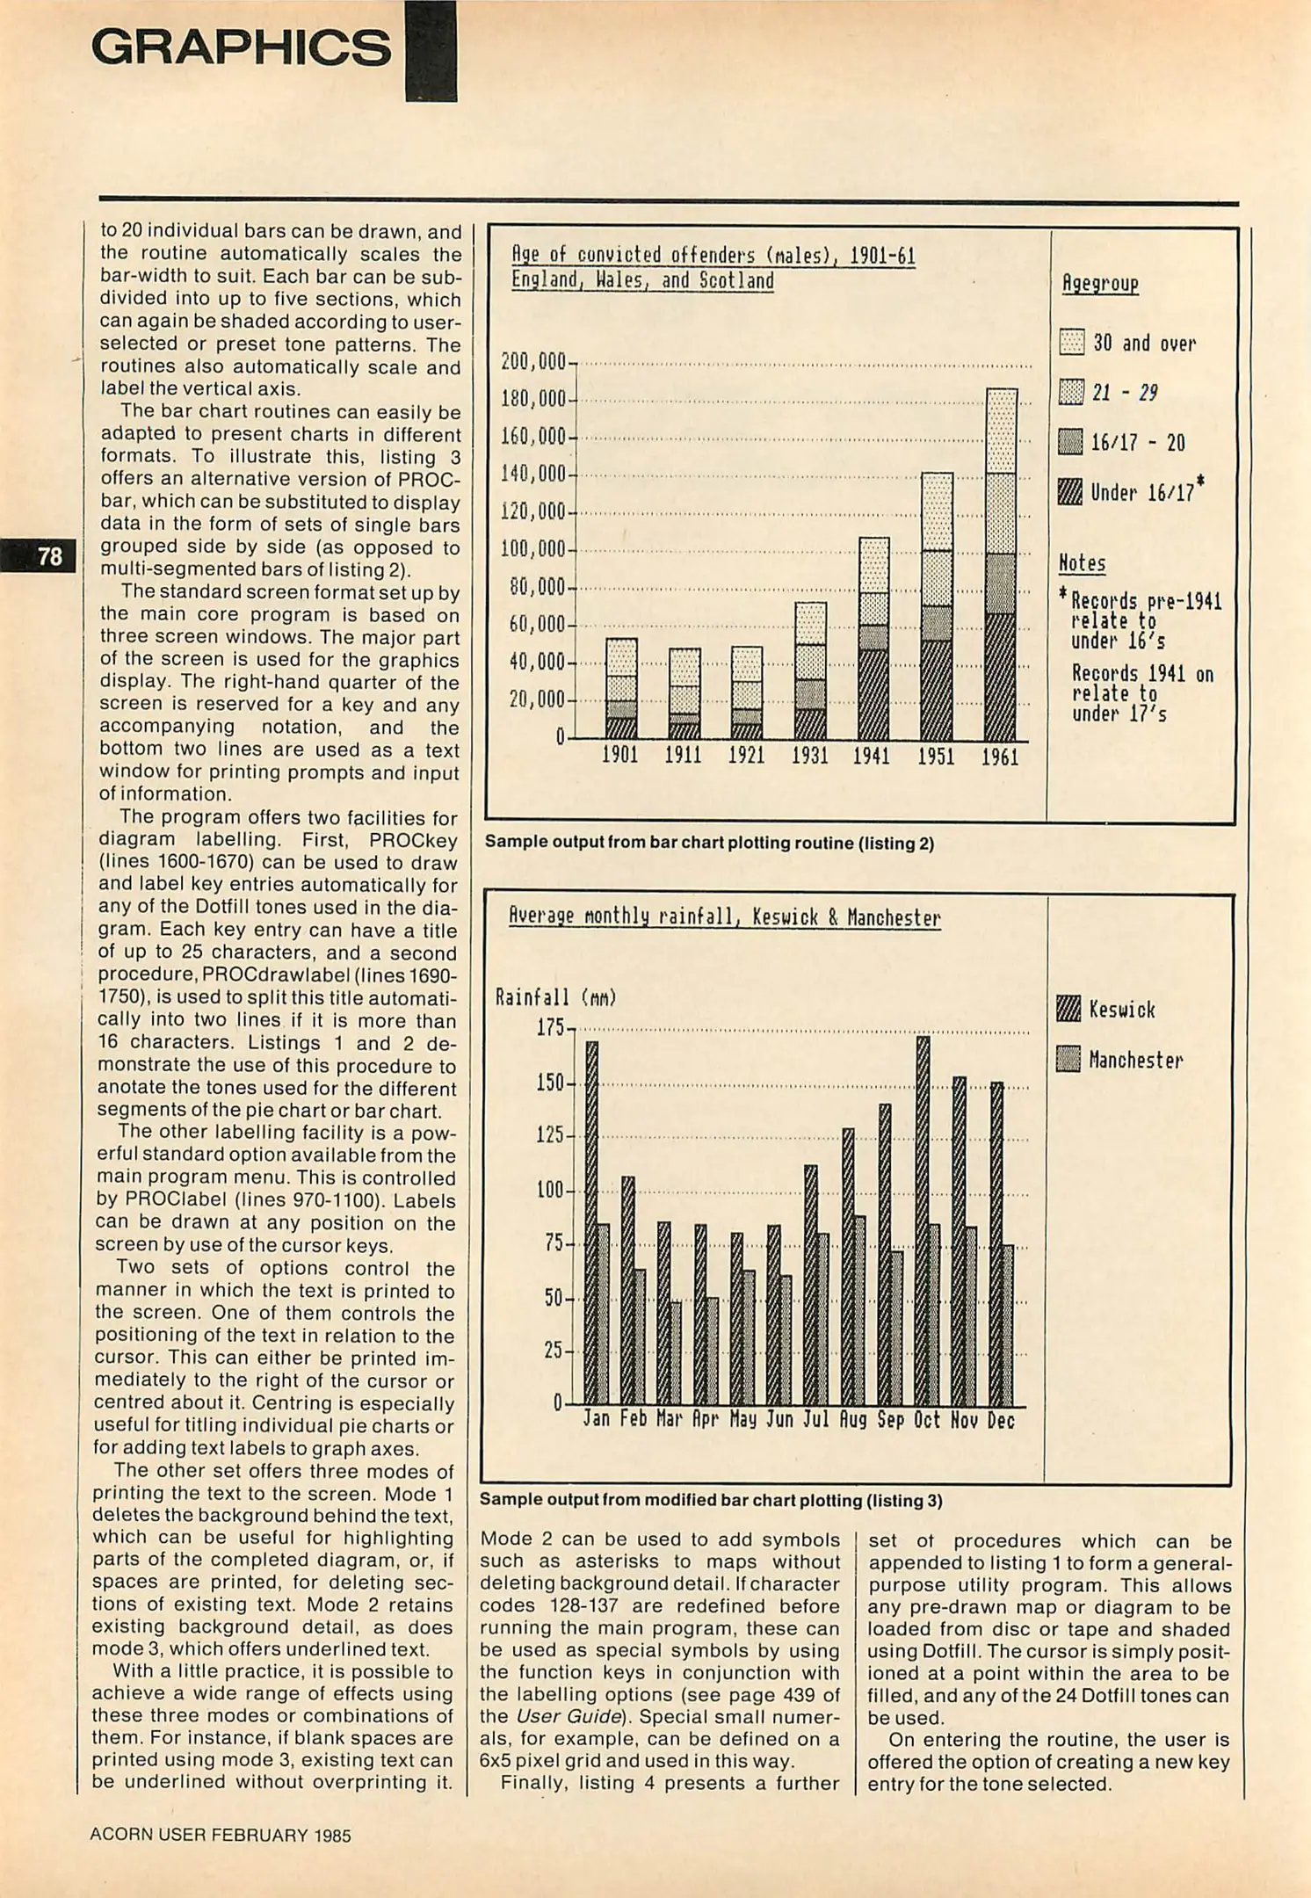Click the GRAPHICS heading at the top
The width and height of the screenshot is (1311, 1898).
(x=241, y=48)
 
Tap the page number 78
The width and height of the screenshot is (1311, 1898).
(x=50, y=556)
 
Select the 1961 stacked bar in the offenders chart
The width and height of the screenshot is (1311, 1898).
(x=1001, y=564)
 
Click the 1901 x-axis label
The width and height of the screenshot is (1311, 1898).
(x=619, y=756)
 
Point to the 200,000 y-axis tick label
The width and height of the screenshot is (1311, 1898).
(x=532, y=362)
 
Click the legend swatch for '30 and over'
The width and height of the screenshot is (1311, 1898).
(x=1071, y=342)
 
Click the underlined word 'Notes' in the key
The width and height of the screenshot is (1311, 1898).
(x=1082, y=563)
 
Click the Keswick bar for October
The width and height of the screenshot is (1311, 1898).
(x=923, y=1221)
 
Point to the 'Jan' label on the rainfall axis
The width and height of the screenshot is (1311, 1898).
(x=596, y=1420)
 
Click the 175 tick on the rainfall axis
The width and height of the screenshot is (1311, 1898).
(x=550, y=1027)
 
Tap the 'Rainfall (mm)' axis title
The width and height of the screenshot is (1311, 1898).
(x=556, y=997)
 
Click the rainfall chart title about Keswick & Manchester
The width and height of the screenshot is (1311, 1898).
(x=725, y=918)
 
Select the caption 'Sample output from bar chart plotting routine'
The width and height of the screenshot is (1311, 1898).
(x=709, y=844)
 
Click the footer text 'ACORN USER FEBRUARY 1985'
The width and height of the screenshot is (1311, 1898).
(x=221, y=1835)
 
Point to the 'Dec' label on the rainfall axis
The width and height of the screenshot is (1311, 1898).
(x=1000, y=1420)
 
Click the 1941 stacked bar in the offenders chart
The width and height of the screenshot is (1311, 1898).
(x=873, y=639)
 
